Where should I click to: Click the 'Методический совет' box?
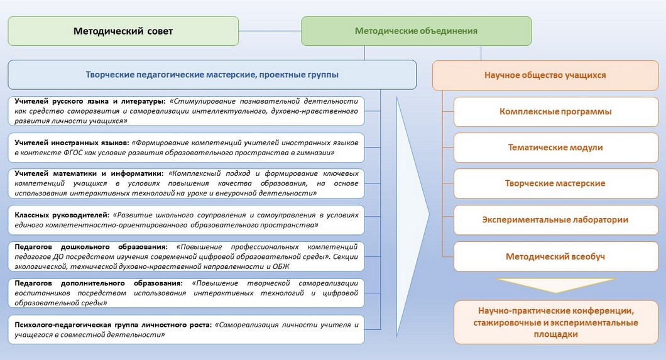(x=123, y=31)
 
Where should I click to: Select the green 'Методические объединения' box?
(x=416, y=31)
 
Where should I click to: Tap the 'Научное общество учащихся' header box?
(x=545, y=75)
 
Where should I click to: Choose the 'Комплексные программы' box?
(x=555, y=112)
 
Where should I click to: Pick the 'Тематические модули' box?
(x=555, y=148)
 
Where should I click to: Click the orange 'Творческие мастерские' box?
(x=555, y=183)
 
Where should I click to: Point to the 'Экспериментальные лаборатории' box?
(x=555, y=220)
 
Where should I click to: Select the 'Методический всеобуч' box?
(x=555, y=256)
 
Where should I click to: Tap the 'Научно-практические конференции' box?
(x=555, y=322)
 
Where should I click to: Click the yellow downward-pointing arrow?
(x=555, y=285)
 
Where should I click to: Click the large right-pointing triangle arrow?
(x=413, y=217)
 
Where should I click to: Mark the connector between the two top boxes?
(x=270, y=31)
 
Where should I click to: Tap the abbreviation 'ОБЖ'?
(x=281, y=266)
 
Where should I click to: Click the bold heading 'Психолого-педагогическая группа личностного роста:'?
(x=113, y=325)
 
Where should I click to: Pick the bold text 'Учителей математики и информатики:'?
(x=89, y=173)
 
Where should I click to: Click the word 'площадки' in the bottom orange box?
(x=555, y=334)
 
